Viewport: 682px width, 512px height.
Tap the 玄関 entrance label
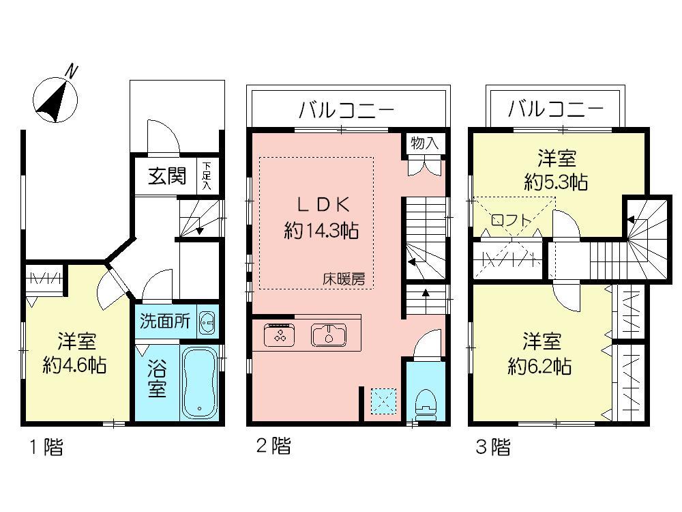167,177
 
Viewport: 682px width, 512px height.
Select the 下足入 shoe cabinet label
207,176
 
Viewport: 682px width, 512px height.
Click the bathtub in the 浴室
199,383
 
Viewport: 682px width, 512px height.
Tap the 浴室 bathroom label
157,383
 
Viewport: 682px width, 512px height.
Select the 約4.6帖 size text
75,365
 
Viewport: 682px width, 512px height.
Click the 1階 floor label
46,448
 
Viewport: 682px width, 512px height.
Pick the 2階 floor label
273,447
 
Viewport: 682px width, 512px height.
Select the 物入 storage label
424,143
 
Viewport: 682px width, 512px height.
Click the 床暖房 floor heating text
344,279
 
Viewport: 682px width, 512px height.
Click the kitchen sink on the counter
329,335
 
